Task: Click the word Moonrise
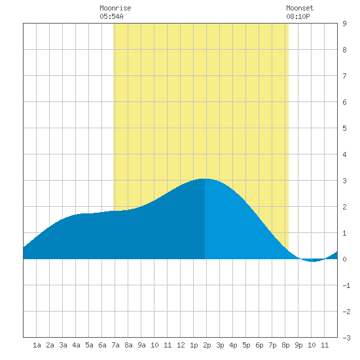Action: (115, 8)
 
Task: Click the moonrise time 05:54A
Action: (111, 16)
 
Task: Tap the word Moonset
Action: (300, 8)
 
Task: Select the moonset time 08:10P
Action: (298, 16)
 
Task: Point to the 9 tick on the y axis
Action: (344, 24)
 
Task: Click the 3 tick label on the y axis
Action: (344, 181)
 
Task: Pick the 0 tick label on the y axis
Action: (344, 259)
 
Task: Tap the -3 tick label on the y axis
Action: (346, 338)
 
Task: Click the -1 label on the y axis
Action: (346, 285)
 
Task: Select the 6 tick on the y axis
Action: (344, 102)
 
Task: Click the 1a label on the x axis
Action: (37, 345)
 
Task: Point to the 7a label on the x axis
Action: (115, 345)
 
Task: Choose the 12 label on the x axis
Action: (181, 345)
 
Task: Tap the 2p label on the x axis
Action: (207, 345)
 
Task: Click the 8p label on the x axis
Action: (285, 345)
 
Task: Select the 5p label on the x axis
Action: (246, 345)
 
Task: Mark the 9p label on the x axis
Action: (298, 345)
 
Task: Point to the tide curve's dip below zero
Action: (312, 261)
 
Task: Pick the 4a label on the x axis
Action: (76, 345)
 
